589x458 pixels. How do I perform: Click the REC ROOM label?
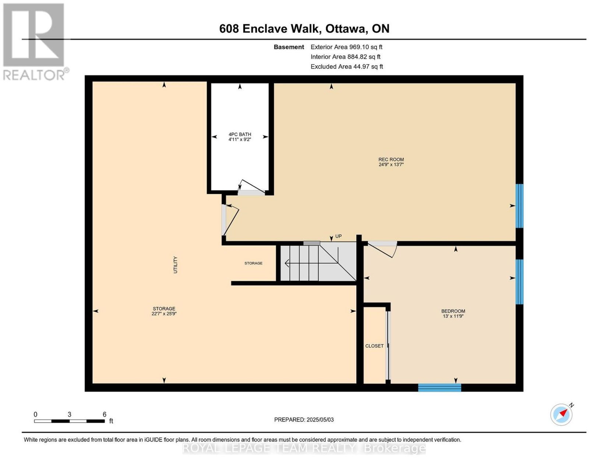click(x=391, y=160)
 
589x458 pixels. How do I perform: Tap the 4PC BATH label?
click(x=240, y=134)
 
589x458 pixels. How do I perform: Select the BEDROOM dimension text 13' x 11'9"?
click(x=453, y=316)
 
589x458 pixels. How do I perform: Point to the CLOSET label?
click(x=374, y=346)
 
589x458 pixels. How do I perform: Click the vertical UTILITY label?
click(x=175, y=265)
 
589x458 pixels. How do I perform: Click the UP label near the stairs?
click(x=338, y=236)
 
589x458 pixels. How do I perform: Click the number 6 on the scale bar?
click(x=104, y=415)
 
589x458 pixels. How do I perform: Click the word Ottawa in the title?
click(x=345, y=28)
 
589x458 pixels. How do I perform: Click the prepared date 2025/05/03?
click(x=320, y=419)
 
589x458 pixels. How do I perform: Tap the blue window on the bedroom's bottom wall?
click(x=440, y=387)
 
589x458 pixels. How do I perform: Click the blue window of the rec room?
click(x=519, y=206)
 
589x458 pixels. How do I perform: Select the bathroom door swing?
click(x=251, y=187)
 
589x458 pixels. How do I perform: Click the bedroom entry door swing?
click(x=382, y=249)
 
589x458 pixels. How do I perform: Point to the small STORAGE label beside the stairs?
click(x=253, y=263)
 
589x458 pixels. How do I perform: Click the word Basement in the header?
click(x=289, y=47)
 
